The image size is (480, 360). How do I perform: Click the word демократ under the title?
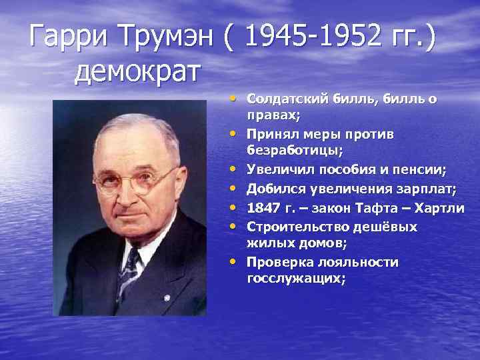coord(137,71)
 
